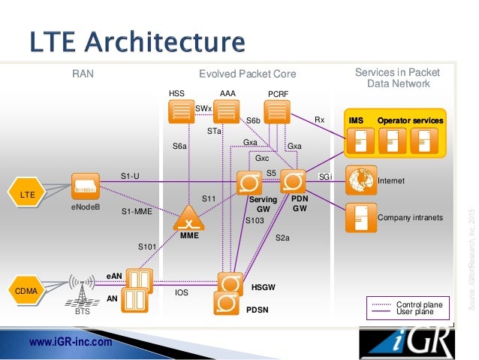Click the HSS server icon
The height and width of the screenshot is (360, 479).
(181, 112)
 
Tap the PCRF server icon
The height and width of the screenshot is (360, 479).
(278, 112)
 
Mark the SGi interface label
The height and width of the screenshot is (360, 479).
(325, 177)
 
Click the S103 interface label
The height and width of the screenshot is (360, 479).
(255, 220)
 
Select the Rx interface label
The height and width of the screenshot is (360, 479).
(319, 119)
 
